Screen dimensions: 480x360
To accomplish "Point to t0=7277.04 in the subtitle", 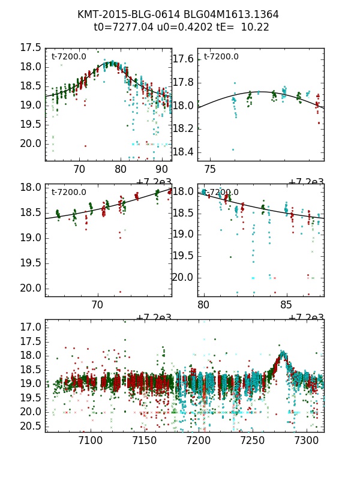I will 119,27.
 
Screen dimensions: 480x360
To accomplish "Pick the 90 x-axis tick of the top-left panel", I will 162,170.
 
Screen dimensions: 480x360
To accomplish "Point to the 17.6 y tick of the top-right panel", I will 183,59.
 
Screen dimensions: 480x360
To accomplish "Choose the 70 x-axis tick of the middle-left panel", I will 97,305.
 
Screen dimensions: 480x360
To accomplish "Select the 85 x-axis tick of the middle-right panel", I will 287,305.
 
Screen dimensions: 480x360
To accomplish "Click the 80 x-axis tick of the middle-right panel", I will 204,305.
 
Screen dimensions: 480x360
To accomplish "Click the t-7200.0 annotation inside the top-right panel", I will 221,57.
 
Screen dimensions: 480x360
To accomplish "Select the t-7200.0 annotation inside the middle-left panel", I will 69,193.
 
